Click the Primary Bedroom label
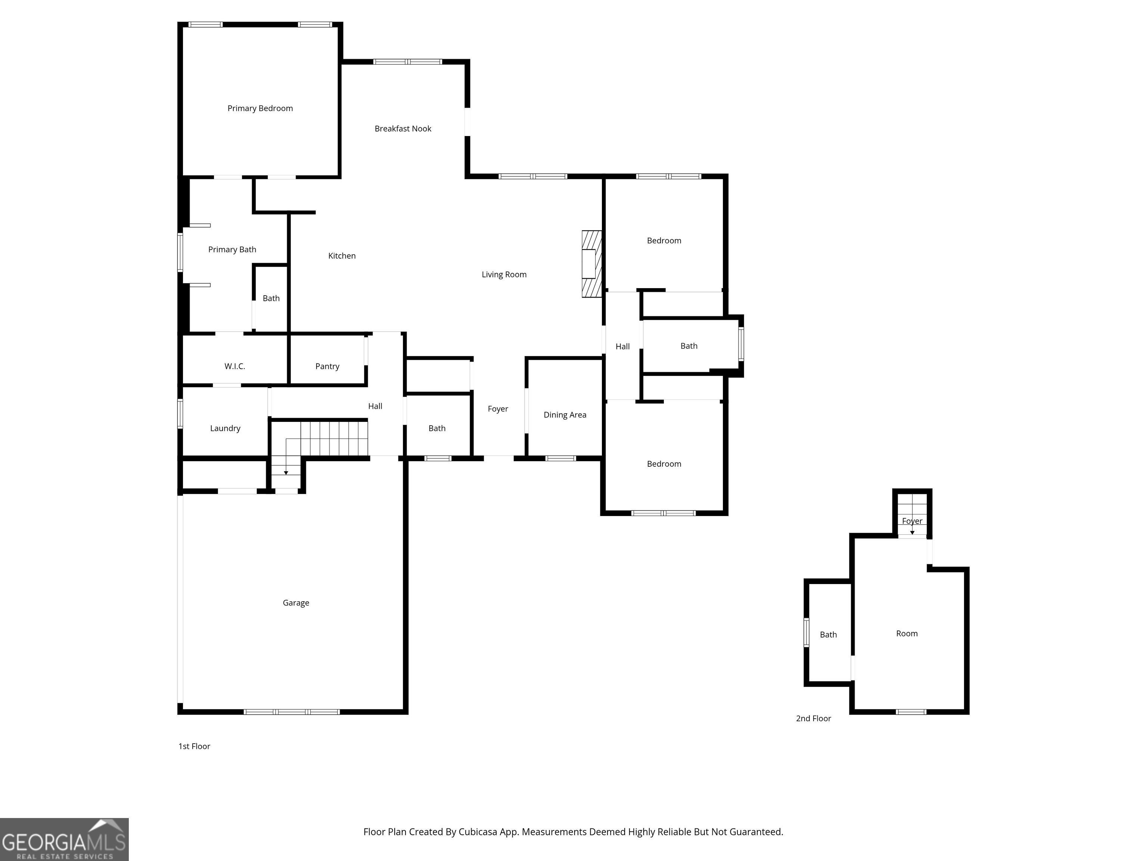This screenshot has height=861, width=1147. (260, 108)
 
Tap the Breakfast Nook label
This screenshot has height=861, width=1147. (403, 129)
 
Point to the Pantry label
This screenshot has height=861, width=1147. (327, 366)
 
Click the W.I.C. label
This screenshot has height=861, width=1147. (234, 366)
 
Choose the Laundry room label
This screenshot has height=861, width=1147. (225, 429)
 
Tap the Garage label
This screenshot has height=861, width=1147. (296, 603)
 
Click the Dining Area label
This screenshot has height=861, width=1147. (565, 415)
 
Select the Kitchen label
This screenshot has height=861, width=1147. (342, 256)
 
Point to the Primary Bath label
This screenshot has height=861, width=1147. (232, 250)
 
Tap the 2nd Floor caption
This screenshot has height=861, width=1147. (813, 718)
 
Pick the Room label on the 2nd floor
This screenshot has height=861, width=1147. (907, 634)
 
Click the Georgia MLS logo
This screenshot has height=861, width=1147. (64, 839)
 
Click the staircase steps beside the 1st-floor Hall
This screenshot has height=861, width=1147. (334, 439)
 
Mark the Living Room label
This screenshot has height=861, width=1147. (504, 275)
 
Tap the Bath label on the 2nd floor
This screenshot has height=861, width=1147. (828, 635)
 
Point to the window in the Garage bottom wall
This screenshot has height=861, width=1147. (292, 712)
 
